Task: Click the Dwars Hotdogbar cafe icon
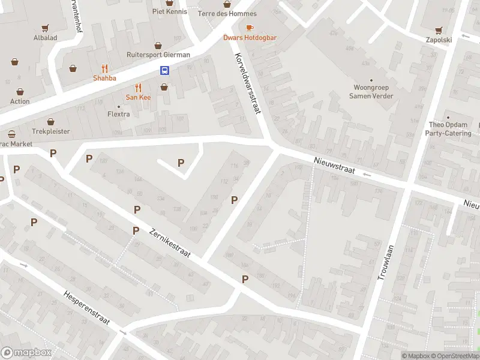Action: pyautogui.click(x=250, y=28)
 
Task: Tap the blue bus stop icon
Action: pyautogui.click(x=164, y=70)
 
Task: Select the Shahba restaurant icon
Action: pyautogui.click(x=105, y=68)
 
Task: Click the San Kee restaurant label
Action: pyautogui.click(x=138, y=97)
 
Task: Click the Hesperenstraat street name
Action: pyautogui.click(x=86, y=308)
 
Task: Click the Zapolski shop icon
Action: pyautogui.click(x=439, y=29)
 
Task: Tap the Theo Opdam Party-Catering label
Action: pyautogui.click(x=449, y=129)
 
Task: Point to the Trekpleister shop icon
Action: pyautogui.click(x=51, y=122)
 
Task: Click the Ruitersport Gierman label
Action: pyautogui.click(x=158, y=55)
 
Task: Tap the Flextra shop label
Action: pyautogui.click(x=118, y=114)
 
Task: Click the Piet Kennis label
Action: pyautogui.click(x=169, y=11)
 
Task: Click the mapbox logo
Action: pyautogui.click(x=26, y=352)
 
